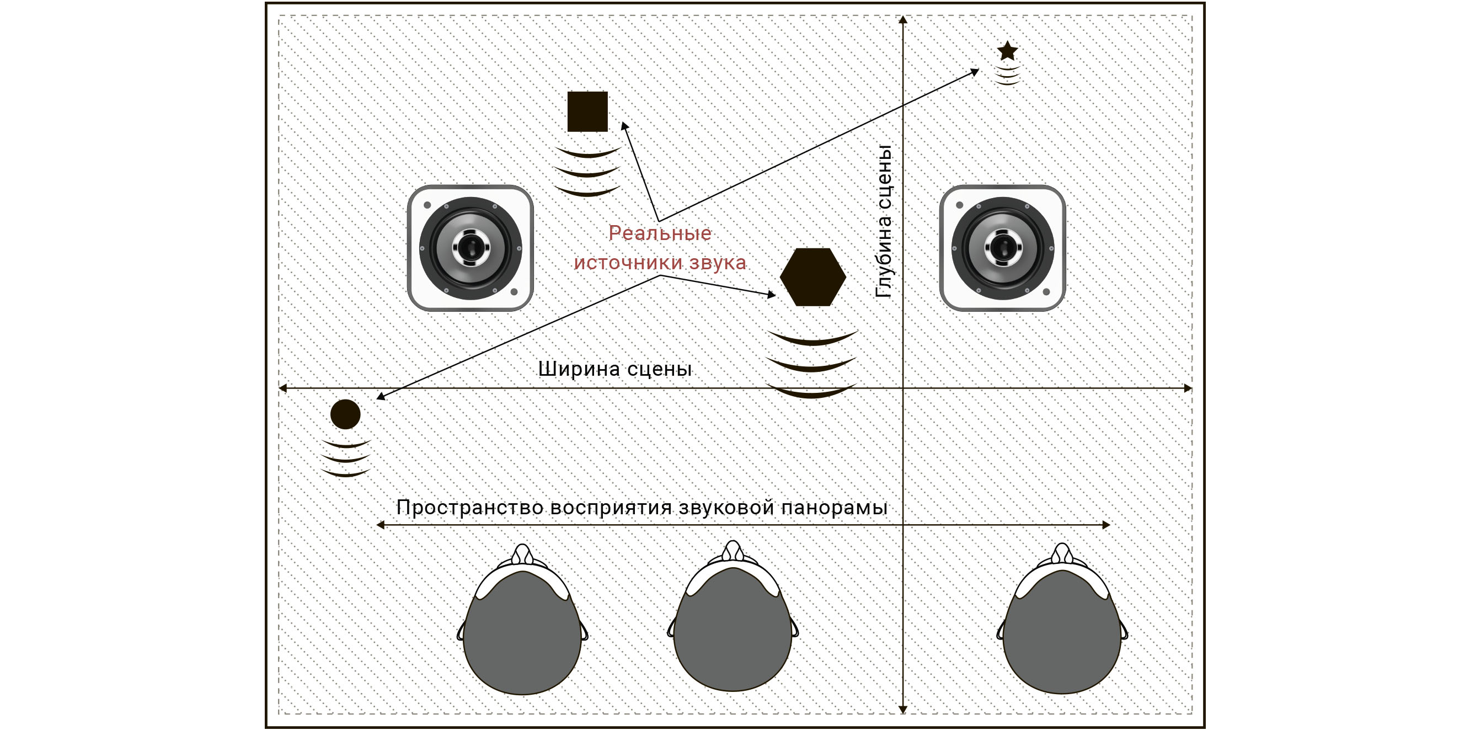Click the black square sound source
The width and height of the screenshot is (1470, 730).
coord(587,111)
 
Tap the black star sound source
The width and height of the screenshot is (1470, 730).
coord(1007,51)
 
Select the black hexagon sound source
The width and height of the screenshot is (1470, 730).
coord(812,277)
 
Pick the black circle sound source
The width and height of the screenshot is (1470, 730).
coord(345,414)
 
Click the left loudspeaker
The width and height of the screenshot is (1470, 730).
coord(470,248)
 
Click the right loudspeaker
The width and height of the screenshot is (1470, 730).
coord(1003,248)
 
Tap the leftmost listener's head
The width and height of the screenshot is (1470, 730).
coord(522,619)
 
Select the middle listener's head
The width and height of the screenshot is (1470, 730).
coord(733,616)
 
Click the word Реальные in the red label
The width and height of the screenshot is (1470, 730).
coord(660,233)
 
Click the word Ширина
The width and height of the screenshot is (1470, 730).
coord(579,369)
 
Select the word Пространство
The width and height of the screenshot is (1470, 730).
coord(469,508)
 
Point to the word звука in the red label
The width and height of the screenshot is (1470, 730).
coord(717,263)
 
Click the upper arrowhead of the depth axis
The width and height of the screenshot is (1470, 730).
coord(903,20)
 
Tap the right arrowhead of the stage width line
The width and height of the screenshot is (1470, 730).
coord(1188,388)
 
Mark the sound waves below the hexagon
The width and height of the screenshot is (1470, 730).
coord(811,364)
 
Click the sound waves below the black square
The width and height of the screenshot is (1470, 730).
coord(587,172)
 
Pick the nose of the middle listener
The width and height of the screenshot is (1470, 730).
coord(733,550)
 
